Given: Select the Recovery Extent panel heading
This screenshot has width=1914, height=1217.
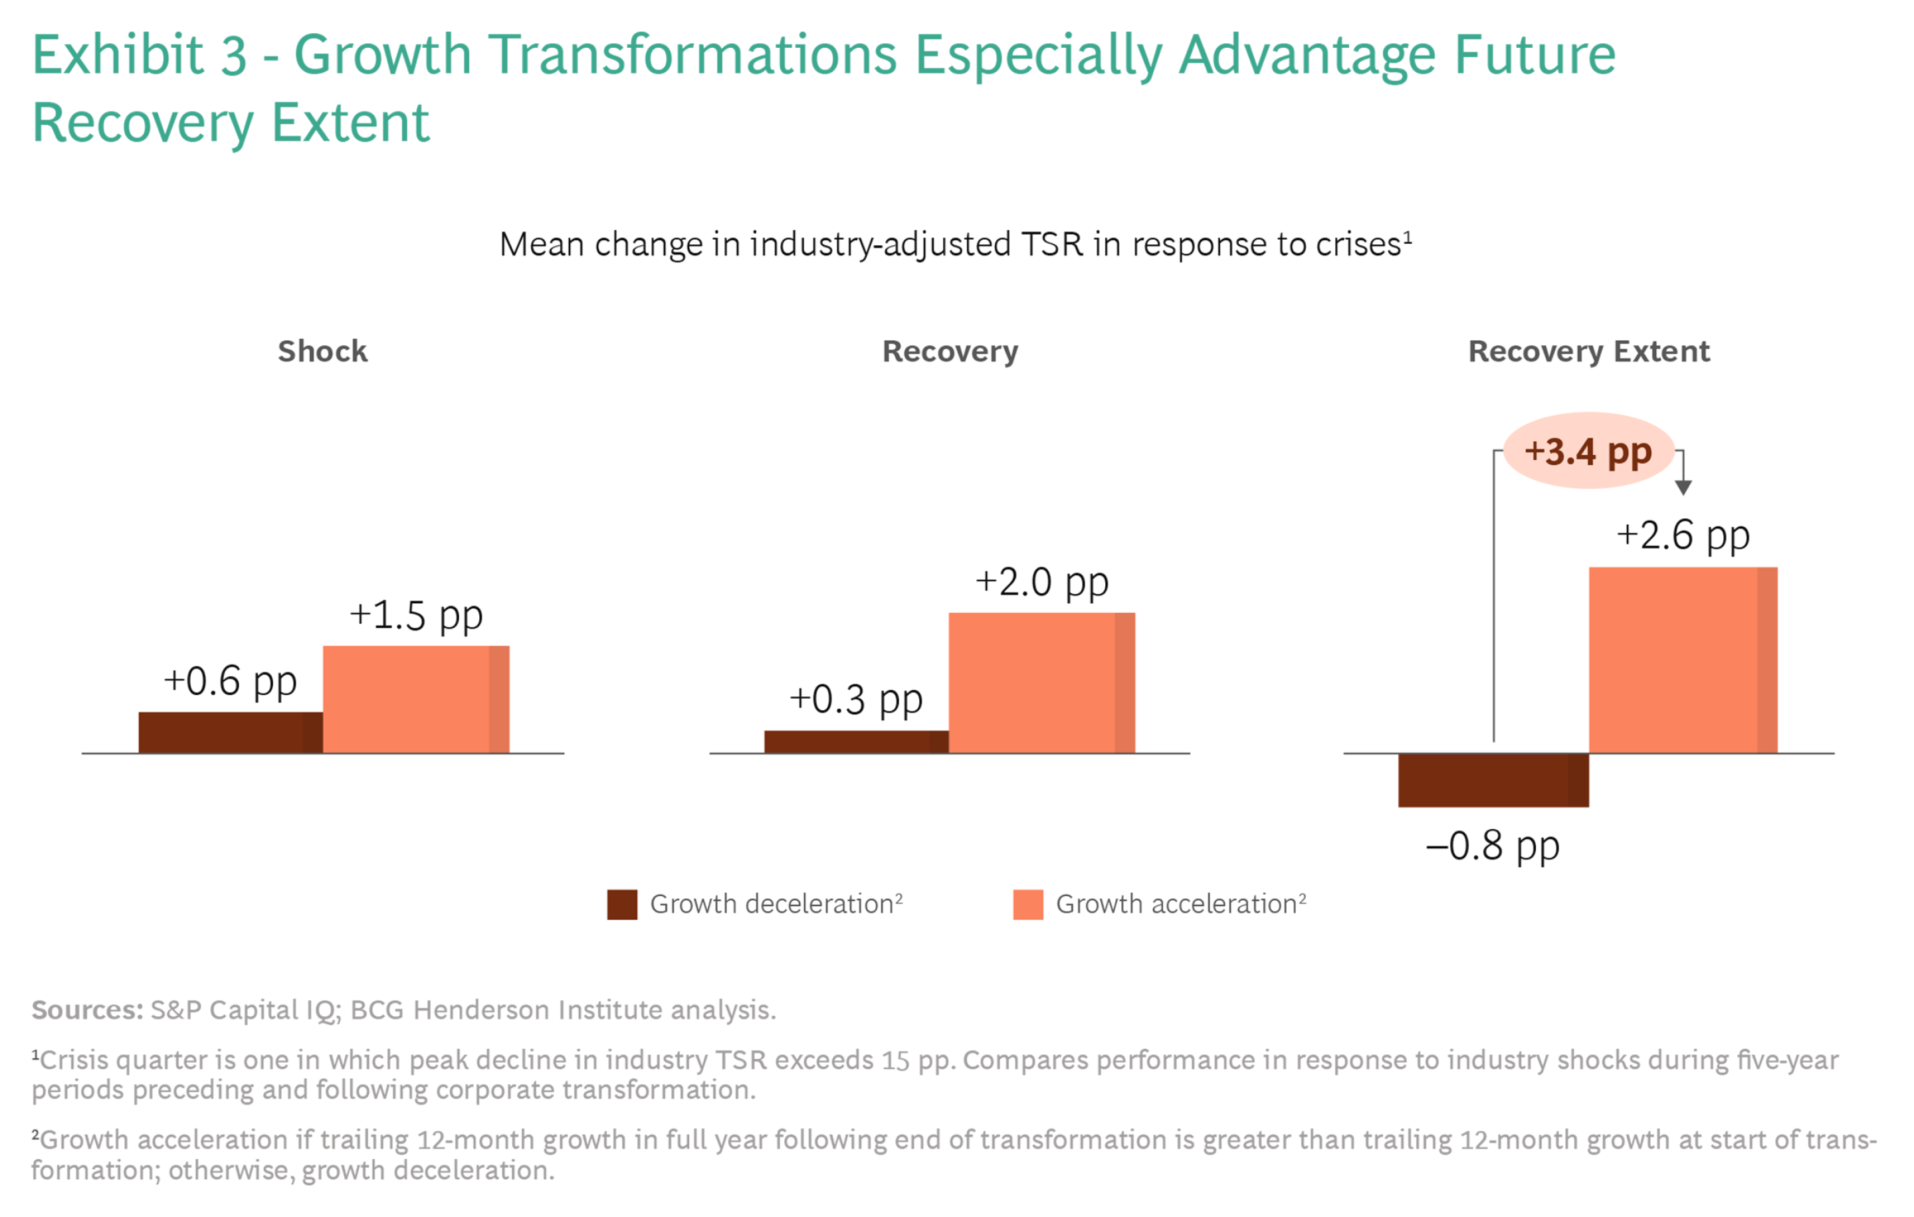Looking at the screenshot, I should click(x=1588, y=351).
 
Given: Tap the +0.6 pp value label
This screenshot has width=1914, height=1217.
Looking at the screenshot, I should click(x=230, y=681).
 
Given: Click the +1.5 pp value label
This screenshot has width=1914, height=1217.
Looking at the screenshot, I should click(x=416, y=615).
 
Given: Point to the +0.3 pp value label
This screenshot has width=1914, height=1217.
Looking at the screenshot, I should click(x=855, y=699).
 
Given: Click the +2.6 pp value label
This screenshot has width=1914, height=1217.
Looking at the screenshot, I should click(x=1683, y=535).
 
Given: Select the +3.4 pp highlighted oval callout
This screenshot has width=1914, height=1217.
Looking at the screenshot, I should click(x=1588, y=450).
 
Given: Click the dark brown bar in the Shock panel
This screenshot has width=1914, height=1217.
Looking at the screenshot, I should click(x=230, y=733).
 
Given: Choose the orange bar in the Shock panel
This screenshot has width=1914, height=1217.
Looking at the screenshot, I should click(x=416, y=699).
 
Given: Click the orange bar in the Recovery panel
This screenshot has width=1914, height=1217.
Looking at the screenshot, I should click(x=1041, y=682).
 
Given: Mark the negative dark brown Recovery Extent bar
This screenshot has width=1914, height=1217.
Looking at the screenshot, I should click(x=1493, y=780).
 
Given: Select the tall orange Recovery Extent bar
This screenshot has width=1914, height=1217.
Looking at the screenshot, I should click(x=1683, y=660).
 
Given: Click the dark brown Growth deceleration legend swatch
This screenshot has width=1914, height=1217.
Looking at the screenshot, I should click(x=621, y=904).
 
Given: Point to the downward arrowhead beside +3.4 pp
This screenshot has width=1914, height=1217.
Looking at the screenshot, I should click(x=1683, y=487).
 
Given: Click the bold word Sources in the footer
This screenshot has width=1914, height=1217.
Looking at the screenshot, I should click(x=86, y=1010).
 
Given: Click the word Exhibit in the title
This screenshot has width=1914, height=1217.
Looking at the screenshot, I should click(x=118, y=55).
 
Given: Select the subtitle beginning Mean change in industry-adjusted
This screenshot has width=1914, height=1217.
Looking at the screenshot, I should click(x=954, y=244).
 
